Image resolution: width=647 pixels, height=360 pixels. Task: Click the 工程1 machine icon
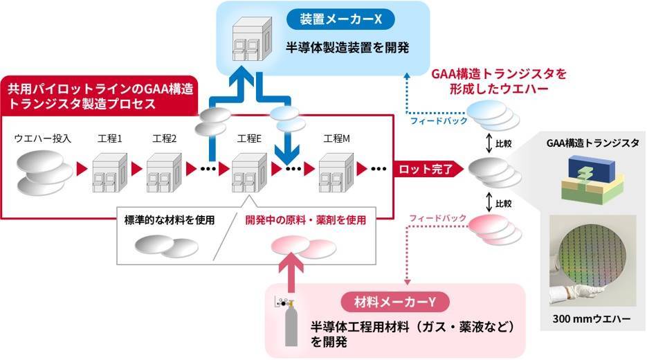pos(109,168)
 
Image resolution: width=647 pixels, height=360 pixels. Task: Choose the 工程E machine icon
pos(249,168)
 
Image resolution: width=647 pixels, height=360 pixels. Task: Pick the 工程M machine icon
pos(336,168)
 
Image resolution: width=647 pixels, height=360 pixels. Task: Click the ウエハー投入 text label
pos(41,138)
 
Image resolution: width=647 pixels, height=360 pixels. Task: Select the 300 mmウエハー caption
pos(594,319)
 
